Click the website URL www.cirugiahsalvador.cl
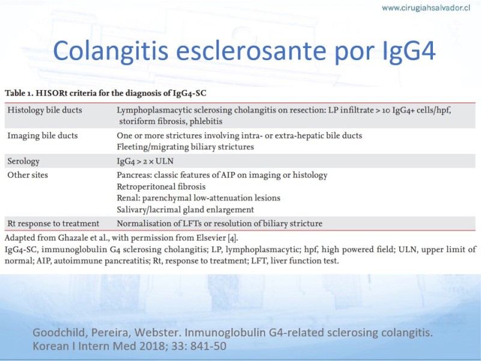click(x=426, y=8)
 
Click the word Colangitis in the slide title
click(x=111, y=51)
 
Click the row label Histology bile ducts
click(x=44, y=110)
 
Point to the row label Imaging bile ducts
click(x=43, y=136)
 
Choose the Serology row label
click(x=23, y=161)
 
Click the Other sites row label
click(x=28, y=175)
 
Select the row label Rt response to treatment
click(x=54, y=223)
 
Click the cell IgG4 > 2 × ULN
click(x=145, y=161)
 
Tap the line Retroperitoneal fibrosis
click(x=161, y=187)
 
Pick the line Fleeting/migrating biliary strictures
click(x=185, y=147)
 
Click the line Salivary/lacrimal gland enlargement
click(x=185, y=209)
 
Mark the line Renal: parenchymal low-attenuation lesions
click(x=198, y=198)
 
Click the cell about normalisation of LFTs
click(x=219, y=223)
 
